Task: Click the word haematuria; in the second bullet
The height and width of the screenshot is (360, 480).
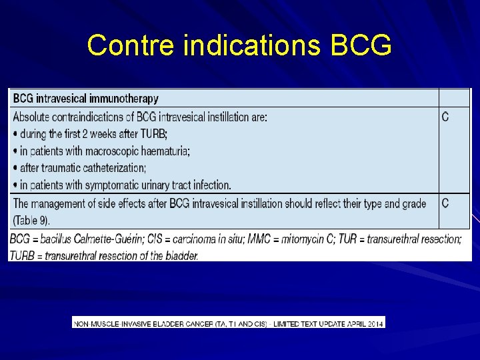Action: pos(163,151)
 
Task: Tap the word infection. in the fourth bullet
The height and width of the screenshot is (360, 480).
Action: pos(209,185)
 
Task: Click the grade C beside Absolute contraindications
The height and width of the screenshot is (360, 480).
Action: pos(445,117)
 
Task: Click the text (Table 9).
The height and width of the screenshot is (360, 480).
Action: pos(31,220)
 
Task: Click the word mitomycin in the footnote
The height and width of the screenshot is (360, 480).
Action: pos(281,239)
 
